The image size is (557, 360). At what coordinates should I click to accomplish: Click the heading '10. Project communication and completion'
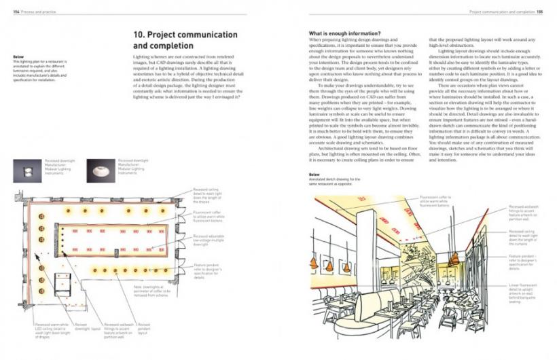tap(185, 40)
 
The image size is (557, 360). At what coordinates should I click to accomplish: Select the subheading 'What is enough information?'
tap(344, 33)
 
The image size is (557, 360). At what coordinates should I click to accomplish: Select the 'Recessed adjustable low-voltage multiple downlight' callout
tap(210, 238)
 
